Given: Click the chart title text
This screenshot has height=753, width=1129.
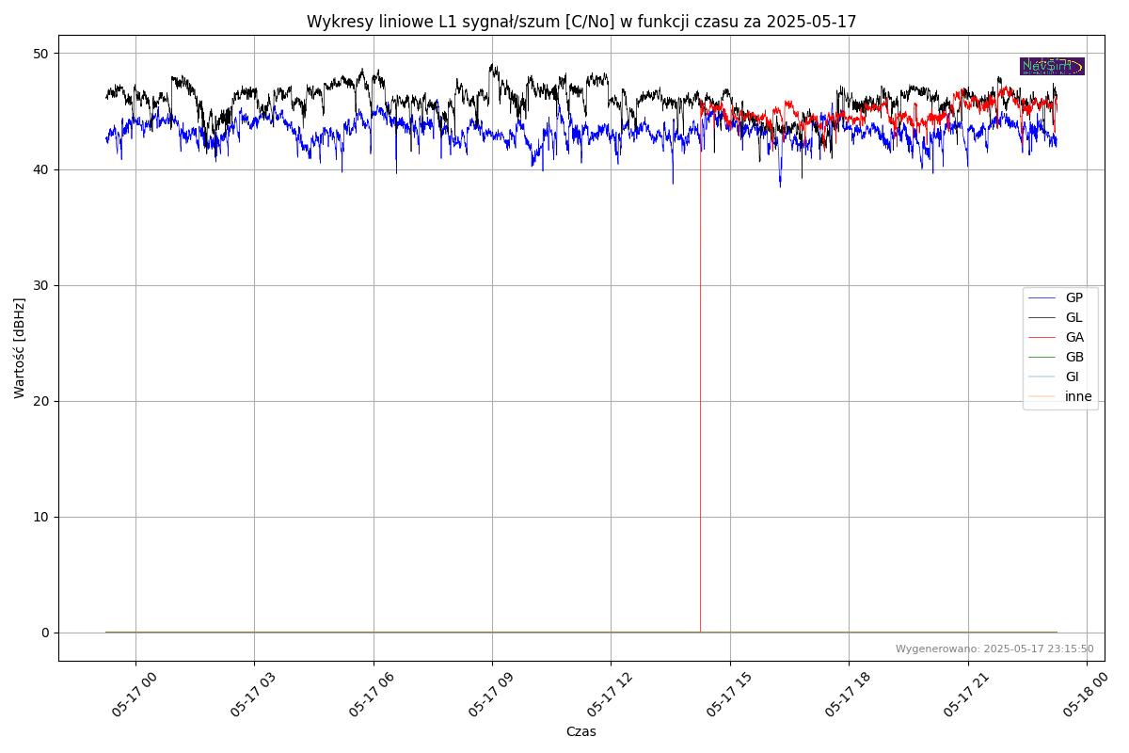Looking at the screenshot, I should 581,22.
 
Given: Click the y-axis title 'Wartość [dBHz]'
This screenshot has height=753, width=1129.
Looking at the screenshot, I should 20,348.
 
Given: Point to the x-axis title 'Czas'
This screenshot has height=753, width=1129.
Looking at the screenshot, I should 580,731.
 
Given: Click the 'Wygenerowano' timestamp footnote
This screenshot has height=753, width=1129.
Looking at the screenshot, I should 994,649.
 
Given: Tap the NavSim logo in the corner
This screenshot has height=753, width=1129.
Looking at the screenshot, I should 1052,66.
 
